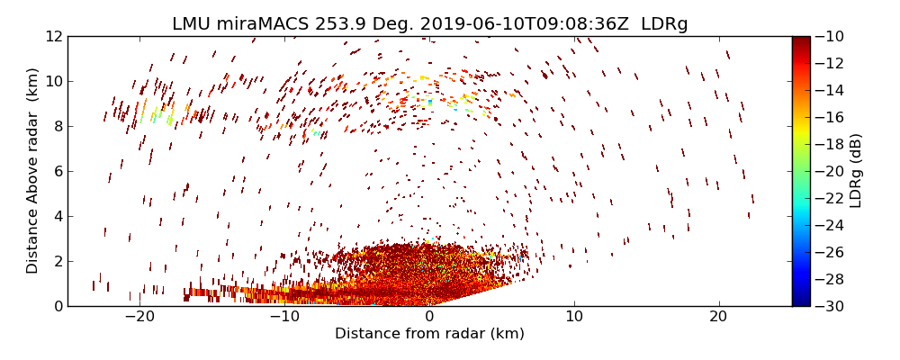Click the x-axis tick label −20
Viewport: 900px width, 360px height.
[x=139, y=317]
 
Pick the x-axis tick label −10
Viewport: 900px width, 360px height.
[x=284, y=317]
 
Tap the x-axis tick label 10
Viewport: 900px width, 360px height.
[x=574, y=317]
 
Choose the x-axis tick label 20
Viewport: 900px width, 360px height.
[x=718, y=317]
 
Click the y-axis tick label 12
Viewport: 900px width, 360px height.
[x=53, y=36]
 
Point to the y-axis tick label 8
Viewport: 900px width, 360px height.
[x=57, y=126]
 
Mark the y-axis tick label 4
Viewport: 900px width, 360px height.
[x=57, y=216]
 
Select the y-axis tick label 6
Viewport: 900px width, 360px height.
[x=57, y=171]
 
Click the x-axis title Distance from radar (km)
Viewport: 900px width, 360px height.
[x=429, y=334]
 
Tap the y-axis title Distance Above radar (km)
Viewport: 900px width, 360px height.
[x=32, y=171]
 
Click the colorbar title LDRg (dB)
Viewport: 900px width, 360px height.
[x=856, y=171]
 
